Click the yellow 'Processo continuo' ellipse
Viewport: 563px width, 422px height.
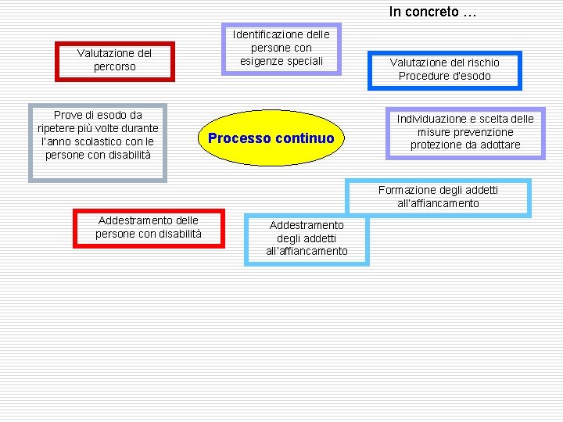click(271, 138)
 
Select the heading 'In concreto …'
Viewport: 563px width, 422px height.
click(432, 12)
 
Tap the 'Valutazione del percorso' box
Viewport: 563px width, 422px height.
click(114, 60)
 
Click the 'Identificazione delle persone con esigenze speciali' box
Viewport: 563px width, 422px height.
click(281, 48)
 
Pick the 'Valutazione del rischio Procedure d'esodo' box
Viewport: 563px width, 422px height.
click(444, 70)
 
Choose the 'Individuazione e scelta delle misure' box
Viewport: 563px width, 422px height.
click(465, 132)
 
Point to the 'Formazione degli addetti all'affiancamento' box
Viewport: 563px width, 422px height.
click(438, 196)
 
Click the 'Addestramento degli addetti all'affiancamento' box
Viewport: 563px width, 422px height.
click(307, 238)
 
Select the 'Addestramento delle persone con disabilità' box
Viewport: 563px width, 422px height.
click(149, 227)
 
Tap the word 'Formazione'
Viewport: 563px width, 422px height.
click(407, 190)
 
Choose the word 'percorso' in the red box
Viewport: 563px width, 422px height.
click(114, 67)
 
